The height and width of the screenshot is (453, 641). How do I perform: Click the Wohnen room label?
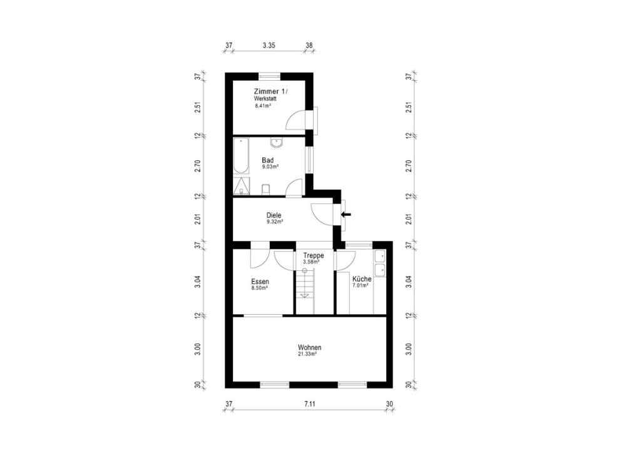click(309, 348)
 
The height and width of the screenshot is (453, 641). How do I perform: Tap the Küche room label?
click(362, 279)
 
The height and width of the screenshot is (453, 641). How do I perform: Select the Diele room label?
click(274, 215)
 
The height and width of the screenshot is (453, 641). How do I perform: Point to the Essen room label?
click(260, 282)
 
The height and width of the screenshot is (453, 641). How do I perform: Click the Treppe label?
click(314, 256)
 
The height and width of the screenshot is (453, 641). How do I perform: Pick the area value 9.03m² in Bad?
click(270, 166)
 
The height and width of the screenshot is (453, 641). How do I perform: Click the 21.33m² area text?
click(307, 354)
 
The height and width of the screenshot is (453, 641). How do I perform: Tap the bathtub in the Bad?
click(241, 156)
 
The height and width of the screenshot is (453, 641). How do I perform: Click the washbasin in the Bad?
click(277, 143)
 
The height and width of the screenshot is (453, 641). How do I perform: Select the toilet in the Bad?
click(265, 190)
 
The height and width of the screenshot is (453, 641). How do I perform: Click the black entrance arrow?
click(346, 214)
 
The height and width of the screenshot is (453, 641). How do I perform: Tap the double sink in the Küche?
click(380, 263)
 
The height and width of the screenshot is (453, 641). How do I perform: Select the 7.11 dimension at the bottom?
click(310, 404)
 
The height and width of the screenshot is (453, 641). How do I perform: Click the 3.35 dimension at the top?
click(269, 45)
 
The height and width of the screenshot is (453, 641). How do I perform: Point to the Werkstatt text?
click(265, 98)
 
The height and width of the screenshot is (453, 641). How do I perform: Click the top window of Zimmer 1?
click(269, 75)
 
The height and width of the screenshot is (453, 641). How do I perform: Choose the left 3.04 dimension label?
click(197, 282)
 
